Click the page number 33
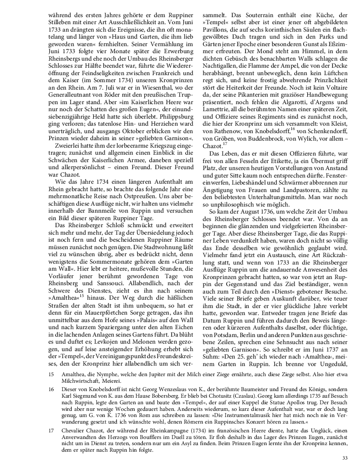pyautogui.click(x=345, y=459)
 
